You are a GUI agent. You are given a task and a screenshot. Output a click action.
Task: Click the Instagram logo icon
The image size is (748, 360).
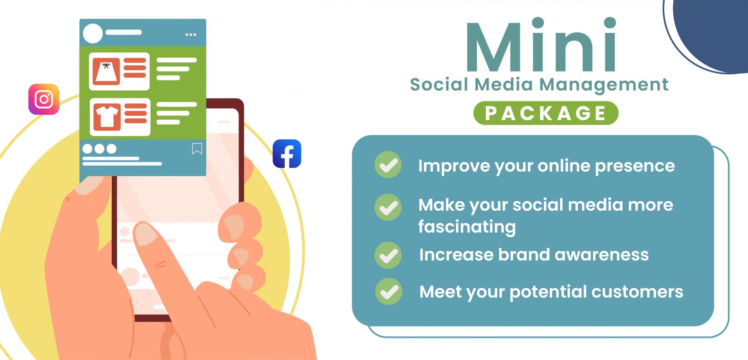pyautogui.click(x=44, y=99)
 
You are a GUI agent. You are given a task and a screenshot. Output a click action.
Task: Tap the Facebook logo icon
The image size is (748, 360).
pyautogui.click(x=287, y=154)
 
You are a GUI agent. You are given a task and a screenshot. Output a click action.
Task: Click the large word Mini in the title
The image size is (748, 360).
pyautogui.click(x=541, y=44)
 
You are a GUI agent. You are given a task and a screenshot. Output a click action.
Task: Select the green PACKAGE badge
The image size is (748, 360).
pyautogui.click(x=546, y=113)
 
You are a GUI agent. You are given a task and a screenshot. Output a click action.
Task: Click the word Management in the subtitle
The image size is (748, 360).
pyautogui.click(x=604, y=85)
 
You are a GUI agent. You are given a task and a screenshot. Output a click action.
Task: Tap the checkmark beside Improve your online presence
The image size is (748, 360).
pyautogui.click(x=388, y=165)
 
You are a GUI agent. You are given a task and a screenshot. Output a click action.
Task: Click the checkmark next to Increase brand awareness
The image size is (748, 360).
pyautogui.click(x=388, y=255)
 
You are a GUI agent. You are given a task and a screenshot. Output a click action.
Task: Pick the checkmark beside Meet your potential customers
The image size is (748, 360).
pyautogui.click(x=388, y=291)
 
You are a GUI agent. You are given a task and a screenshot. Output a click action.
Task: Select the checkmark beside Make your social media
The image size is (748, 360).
pyautogui.click(x=388, y=207)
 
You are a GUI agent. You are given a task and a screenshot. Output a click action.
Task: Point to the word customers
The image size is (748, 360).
pyautogui.click(x=637, y=292)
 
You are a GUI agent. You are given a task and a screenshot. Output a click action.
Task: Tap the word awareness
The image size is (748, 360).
pyautogui.click(x=601, y=255)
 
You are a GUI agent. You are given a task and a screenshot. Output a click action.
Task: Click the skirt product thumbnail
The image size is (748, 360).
pyautogui.click(x=106, y=72)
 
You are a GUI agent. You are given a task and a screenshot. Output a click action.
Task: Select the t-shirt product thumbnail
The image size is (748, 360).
pyautogui.click(x=107, y=117)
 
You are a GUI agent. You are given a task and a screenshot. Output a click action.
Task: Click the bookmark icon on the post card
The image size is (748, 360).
pyautogui.click(x=197, y=149)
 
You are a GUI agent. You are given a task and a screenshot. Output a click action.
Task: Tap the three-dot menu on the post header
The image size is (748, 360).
pyautogui.click(x=191, y=35)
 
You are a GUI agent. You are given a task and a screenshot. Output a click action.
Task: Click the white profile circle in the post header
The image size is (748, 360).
pyautogui.click(x=93, y=33)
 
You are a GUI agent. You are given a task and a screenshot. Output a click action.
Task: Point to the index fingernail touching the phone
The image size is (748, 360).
pyautogui.click(x=145, y=233)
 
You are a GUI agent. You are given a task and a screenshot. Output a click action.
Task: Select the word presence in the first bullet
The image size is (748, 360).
pyautogui.click(x=635, y=166)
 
